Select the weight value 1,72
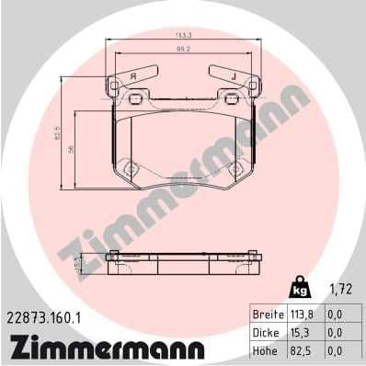341,290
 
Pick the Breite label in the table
269,314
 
